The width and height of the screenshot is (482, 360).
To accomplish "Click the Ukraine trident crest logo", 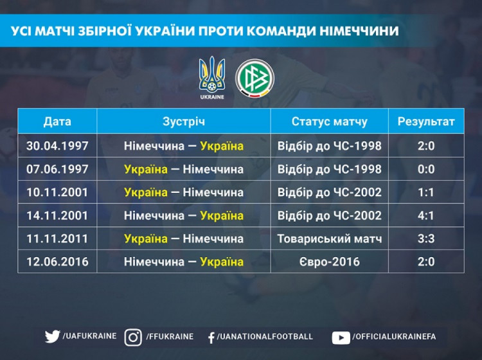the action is click(212, 78).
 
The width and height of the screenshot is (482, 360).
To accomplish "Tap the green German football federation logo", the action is click(255, 78).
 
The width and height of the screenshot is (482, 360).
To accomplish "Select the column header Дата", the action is click(57, 122).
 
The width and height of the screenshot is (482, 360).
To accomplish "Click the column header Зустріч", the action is click(184, 122).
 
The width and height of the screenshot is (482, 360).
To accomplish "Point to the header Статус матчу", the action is click(329, 122).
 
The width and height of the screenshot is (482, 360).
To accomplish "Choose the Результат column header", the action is click(426, 122).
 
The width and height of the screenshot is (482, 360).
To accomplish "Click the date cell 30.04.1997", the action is click(57, 146).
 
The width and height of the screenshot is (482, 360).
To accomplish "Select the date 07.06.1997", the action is click(57, 169).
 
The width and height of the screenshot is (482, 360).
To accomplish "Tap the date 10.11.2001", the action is click(57, 192).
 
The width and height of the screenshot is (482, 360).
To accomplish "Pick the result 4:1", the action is click(426, 215).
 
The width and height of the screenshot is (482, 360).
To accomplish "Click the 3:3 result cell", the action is click(426, 239).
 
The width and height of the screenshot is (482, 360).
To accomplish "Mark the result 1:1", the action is click(426, 192).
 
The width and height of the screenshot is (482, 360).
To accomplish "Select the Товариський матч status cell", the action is click(330, 239).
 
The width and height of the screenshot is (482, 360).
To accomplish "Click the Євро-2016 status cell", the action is click(330, 262).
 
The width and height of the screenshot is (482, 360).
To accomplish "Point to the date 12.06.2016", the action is click(57, 262).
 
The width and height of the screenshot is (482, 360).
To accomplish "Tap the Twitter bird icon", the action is click(52, 337).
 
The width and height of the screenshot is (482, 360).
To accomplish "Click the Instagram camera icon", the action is click(133, 337).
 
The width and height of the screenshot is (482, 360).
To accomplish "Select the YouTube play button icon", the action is click(341, 338).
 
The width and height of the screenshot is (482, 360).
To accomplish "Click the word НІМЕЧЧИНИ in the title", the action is click(359, 31).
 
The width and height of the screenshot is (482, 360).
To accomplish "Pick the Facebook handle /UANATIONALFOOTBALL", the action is click(265, 337).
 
